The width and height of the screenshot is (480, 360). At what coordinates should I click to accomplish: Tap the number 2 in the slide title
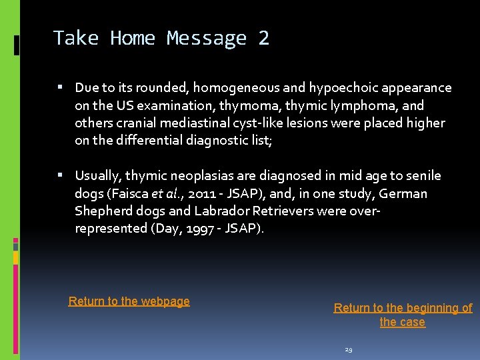pos(263,38)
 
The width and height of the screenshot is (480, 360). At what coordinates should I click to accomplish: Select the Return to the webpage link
pos(129,301)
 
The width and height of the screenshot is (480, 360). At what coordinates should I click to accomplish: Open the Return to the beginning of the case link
pos(403,315)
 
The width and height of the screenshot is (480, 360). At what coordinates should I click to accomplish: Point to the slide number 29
pos(349,349)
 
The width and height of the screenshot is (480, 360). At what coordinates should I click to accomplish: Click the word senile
pos(423,176)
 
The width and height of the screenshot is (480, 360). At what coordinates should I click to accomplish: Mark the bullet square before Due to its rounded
pos(60,87)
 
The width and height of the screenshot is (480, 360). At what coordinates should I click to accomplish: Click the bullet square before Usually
pos(60,175)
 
